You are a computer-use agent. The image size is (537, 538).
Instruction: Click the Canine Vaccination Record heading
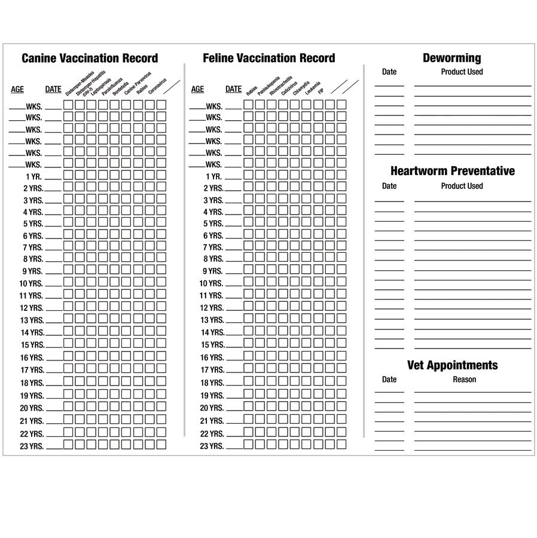[x=90, y=59]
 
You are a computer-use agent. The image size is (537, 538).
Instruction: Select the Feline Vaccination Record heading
[x=268, y=59]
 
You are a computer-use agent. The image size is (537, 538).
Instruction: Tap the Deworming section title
[x=451, y=58]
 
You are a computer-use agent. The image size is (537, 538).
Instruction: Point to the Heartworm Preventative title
[x=452, y=171]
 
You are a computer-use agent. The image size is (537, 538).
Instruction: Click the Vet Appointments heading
[x=452, y=365]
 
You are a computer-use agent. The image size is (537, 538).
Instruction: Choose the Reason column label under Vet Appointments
[x=464, y=380]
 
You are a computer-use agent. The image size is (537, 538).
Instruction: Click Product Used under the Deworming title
[x=462, y=72]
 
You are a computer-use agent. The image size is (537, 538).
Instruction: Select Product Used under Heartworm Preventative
[x=462, y=186]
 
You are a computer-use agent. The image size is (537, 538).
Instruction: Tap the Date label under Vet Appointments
[x=389, y=380]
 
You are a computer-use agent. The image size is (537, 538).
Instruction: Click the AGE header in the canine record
[x=17, y=90]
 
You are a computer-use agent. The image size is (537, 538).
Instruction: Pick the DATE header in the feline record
[x=233, y=90]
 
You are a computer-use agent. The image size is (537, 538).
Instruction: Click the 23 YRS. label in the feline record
[x=212, y=446]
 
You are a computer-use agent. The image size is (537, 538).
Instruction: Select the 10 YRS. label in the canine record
[x=31, y=283]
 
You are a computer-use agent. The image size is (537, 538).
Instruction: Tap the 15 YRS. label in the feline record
[x=212, y=345]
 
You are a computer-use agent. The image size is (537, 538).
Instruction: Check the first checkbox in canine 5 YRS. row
[x=68, y=223]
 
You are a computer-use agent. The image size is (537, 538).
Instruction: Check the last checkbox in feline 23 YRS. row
[x=341, y=444]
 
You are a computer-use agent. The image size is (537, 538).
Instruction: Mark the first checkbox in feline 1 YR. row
[x=249, y=175]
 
